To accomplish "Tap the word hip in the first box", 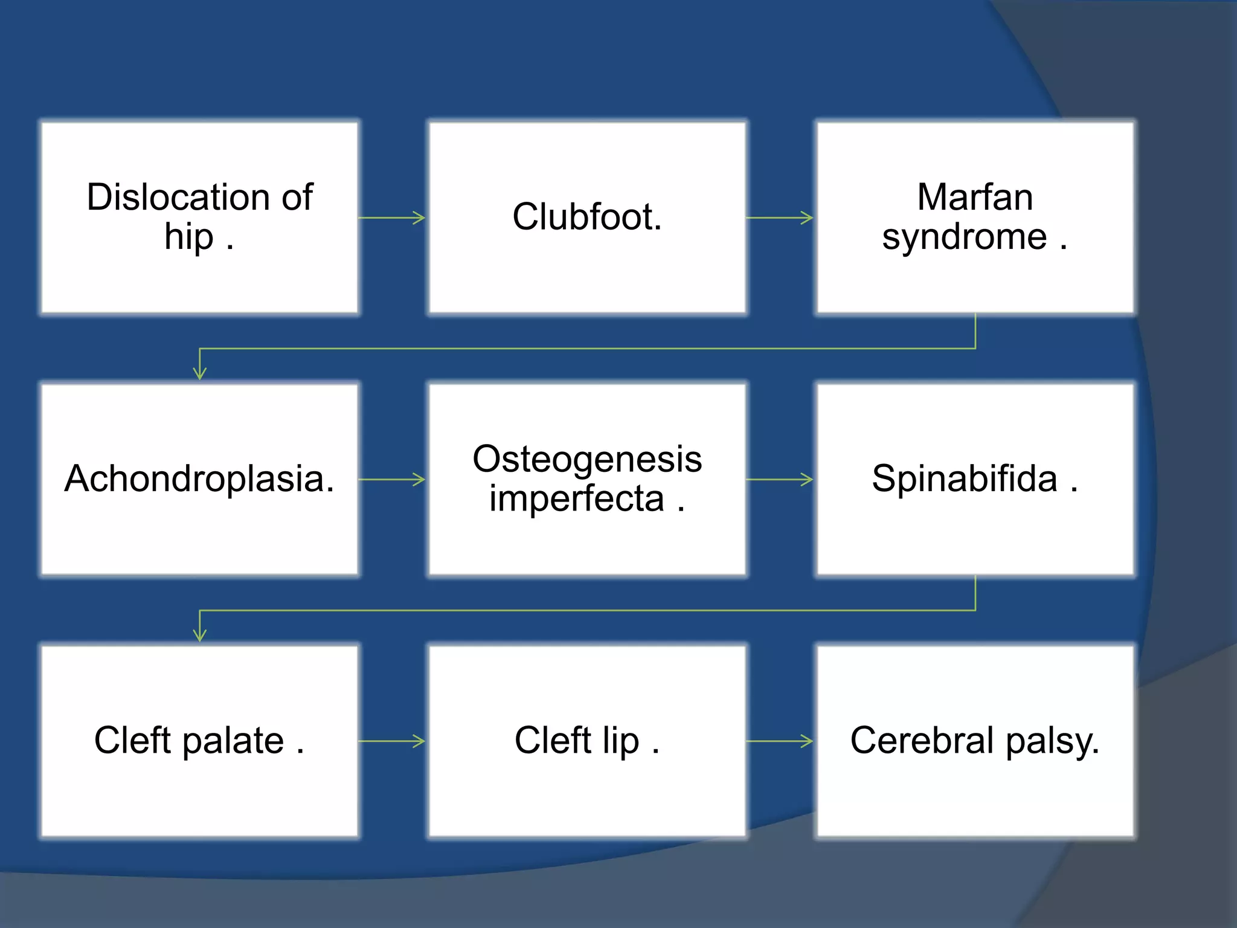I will point(188,237).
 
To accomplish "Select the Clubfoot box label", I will point(587,217).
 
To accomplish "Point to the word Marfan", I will point(975,197).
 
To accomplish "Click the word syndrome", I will point(964,237).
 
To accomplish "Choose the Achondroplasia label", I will point(199,478).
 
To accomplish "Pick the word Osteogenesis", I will point(587,459).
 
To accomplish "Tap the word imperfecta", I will point(576,499).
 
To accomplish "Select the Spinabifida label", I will point(964,478).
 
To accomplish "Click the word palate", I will point(233,741).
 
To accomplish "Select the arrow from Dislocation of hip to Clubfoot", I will point(392,217).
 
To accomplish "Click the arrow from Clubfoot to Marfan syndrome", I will point(780,217).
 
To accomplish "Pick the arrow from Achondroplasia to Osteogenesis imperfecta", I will point(392,480).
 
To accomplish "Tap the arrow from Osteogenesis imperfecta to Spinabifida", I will point(780,480).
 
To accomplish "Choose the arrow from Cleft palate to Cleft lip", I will point(392,741).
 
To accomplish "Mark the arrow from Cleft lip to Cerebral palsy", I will point(780,741).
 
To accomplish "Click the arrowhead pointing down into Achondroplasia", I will point(200,372).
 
